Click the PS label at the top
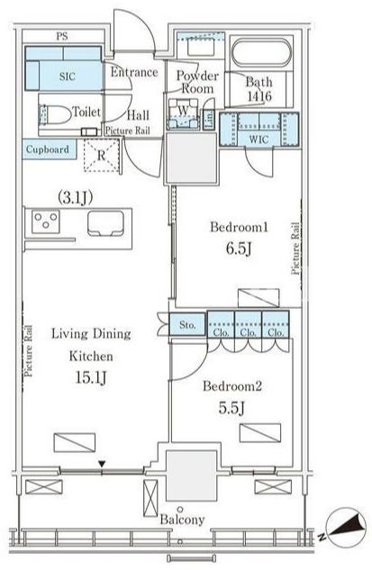pos(62,36)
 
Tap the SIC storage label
pos(68,77)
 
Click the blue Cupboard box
pos(50,149)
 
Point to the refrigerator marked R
pos(101,156)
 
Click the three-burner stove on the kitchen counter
pos(46,221)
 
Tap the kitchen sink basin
pos(105,222)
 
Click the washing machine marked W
pos(184,113)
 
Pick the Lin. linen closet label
pos(210,118)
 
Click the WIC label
pos(259,139)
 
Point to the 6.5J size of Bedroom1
pos(239,249)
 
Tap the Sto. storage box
pos(187,324)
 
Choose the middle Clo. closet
pos(248,325)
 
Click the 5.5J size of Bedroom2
pos(231,408)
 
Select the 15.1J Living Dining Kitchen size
pos(91,377)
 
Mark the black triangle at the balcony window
pos(102,465)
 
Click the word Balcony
pos(183,520)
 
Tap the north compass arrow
pos(348,527)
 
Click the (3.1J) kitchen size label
pos(76,197)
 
